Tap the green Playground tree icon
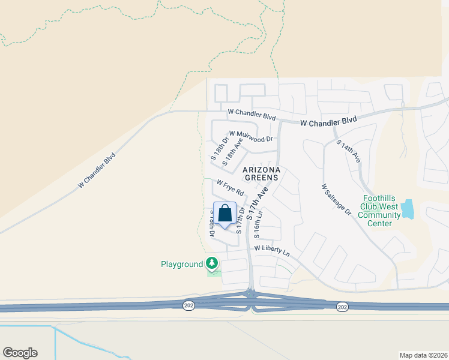click(211, 263)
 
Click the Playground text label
click(182, 264)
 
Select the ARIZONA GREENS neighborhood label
click(261, 173)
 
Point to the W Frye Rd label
click(230, 188)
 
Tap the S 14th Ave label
click(348, 151)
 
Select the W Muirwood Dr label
click(250, 136)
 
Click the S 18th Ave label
click(232, 152)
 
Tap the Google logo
click(20, 353)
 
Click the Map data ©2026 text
click(423, 355)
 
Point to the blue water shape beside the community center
click(408, 209)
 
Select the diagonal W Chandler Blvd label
click(96, 171)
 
